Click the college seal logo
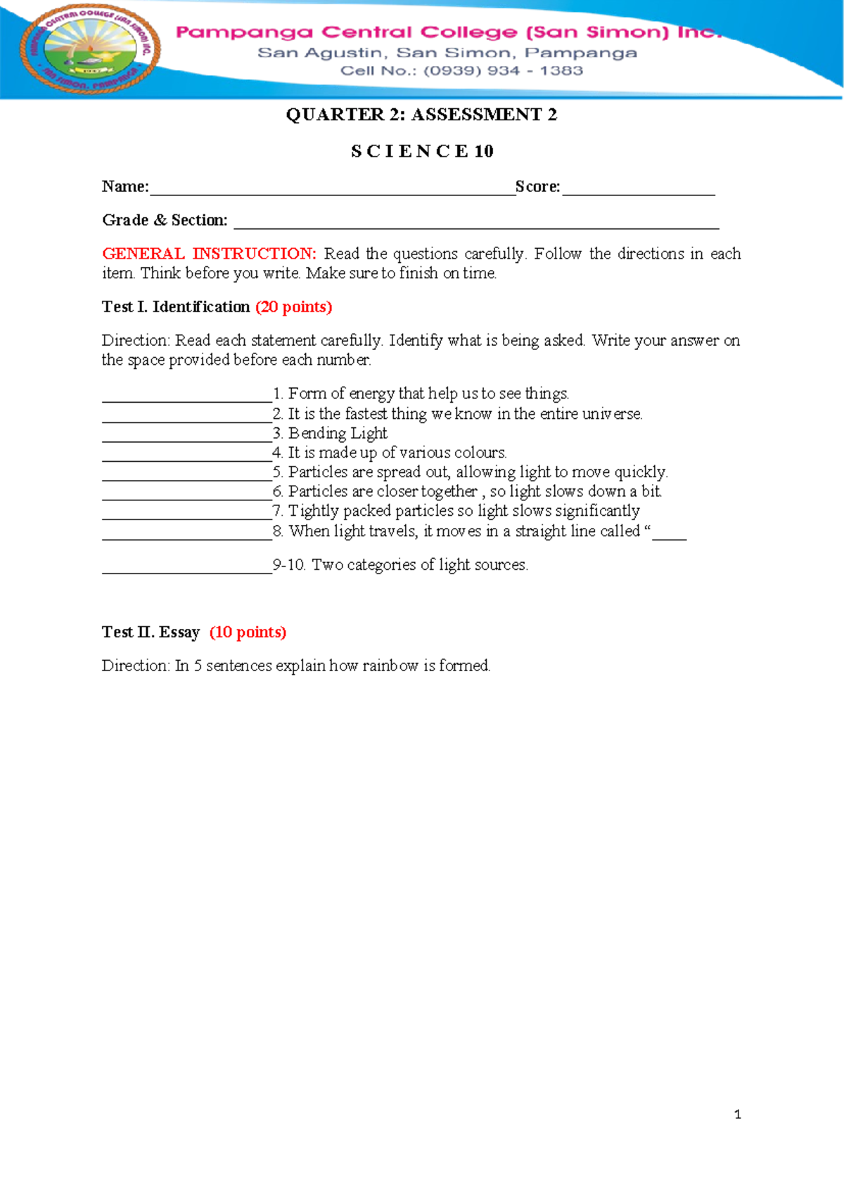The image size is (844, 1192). click(91, 49)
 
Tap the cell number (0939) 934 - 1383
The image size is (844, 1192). click(503, 71)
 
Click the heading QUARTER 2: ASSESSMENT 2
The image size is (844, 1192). click(421, 115)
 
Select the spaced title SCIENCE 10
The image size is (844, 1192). click(422, 151)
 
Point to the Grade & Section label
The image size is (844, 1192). click(165, 220)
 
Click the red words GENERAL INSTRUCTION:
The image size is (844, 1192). click(209, 254)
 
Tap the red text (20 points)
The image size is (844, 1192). click(293, 307)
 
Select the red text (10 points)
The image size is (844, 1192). click(248, 632)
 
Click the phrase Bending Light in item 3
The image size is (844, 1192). click(338, 433)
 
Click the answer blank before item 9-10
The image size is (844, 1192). click(186, 569)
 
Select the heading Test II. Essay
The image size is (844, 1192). click(151, 632)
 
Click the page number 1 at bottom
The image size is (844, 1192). click(737, 1114)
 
